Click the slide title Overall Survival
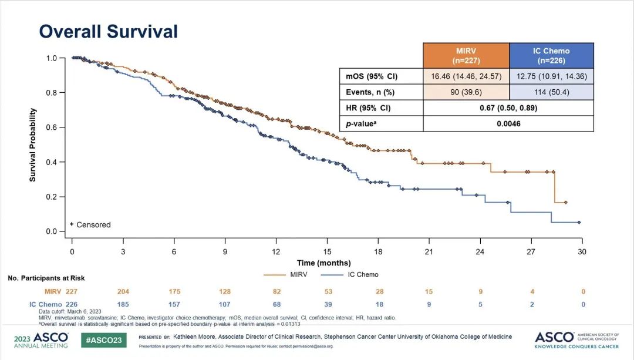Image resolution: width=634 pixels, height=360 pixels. tap(108, 31)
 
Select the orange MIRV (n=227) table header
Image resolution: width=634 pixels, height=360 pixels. tap(466, 56)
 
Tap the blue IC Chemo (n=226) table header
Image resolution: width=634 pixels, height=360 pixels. tap(551, 56)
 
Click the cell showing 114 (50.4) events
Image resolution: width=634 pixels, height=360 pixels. tap(551, 92)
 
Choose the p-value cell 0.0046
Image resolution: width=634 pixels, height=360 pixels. tap(508, 124)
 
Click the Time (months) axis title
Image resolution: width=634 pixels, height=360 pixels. tap(323, 263)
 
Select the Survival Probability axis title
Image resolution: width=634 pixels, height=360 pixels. tap(33, 144)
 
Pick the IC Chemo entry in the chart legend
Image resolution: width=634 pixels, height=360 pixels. tap(354, 274)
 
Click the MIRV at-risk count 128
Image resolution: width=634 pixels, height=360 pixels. tap(224, 291)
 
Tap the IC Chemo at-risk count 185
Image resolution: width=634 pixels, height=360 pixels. tap(123, 304)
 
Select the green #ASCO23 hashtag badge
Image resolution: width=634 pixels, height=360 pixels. tap(103, 340)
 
